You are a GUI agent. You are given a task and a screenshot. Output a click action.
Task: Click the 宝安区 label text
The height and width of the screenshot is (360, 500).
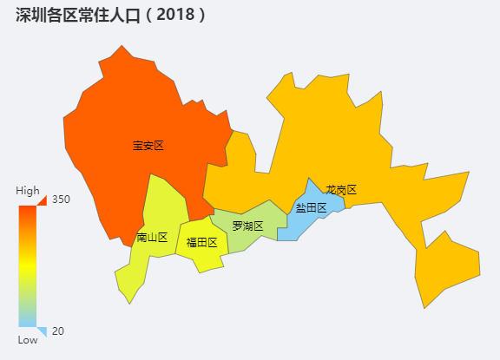click(x=148, y=146)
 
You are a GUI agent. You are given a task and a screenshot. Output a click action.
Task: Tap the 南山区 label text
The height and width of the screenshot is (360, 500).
click(x=152, y=237)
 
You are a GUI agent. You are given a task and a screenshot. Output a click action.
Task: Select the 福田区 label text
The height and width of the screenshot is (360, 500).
click(x=201, y=243)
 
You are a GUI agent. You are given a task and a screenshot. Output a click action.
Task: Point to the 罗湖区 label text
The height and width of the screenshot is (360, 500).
click(x=247, y=226)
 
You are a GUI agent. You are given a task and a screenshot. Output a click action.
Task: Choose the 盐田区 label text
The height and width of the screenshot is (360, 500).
click(x=311, y=207)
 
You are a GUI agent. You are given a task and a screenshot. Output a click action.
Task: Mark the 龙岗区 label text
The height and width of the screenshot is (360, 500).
click(x=341, y=190)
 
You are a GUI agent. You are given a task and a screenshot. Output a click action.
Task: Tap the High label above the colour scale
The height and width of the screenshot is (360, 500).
click(x=28, y=191)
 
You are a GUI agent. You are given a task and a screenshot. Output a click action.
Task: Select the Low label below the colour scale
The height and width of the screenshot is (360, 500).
click(x=28, y=340)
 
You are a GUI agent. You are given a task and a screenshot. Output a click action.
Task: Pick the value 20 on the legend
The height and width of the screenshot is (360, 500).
click(x=58, y=331)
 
